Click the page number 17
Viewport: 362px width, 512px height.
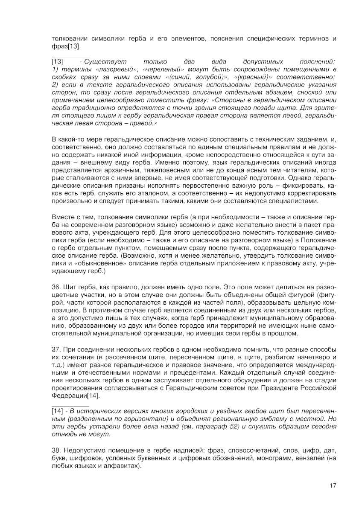point(333,485)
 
